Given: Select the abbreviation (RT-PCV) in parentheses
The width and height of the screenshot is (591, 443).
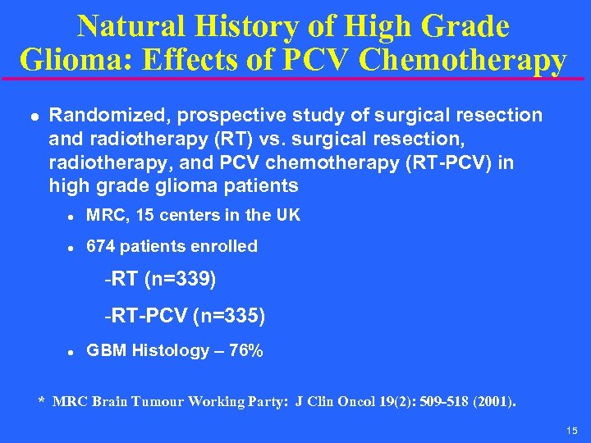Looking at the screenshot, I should coord(451,162).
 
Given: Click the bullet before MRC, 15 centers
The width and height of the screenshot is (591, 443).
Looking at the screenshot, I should coord(71,217).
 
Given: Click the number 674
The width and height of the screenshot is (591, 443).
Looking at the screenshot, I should coord(101,246).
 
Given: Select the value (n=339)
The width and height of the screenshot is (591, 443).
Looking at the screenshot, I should coord(180,281).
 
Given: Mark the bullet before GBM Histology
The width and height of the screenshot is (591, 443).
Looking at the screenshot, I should coord(71,352).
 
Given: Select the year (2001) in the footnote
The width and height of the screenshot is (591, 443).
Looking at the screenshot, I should coord(492,402).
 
